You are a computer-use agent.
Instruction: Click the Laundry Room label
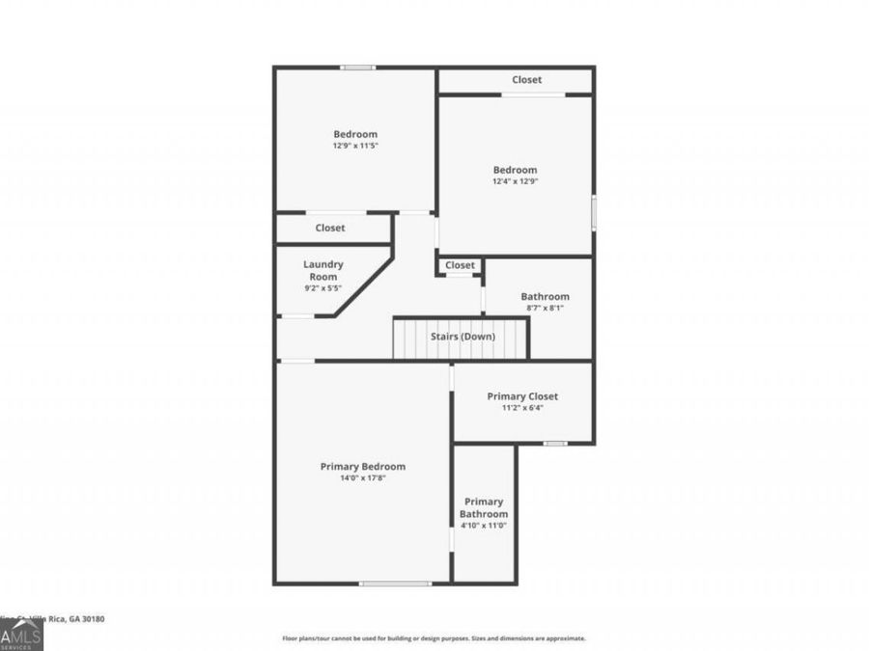coord(322,270)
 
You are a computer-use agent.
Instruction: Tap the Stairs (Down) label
coord(463,337)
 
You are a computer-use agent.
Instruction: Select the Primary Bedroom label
coord(362,467)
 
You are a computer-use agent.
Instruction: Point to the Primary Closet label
coord(522,396)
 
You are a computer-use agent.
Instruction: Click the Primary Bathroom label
coord(484,507)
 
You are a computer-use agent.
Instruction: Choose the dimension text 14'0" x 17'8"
coord(362,478)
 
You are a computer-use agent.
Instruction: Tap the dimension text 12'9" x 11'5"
coord(355,146)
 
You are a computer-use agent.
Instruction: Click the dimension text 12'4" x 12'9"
coord(515,181)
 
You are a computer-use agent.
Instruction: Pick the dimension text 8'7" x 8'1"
coord(545,309)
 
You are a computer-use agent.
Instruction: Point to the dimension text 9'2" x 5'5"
coord(322,287)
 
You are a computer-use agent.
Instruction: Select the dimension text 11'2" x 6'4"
coord(522,408)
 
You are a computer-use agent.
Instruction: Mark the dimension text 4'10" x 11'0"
coord(484,526)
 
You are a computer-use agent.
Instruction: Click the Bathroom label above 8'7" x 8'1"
coord(545,297)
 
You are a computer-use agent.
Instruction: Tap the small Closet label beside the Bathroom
coord(460,265)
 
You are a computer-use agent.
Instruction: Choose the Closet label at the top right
coord(526,80)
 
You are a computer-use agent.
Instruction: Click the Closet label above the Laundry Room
coord(329,229)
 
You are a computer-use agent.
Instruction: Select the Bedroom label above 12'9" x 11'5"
coord(355,134)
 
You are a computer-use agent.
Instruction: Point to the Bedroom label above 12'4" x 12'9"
coord(515,170)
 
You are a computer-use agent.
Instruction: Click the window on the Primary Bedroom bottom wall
coord(395,583)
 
